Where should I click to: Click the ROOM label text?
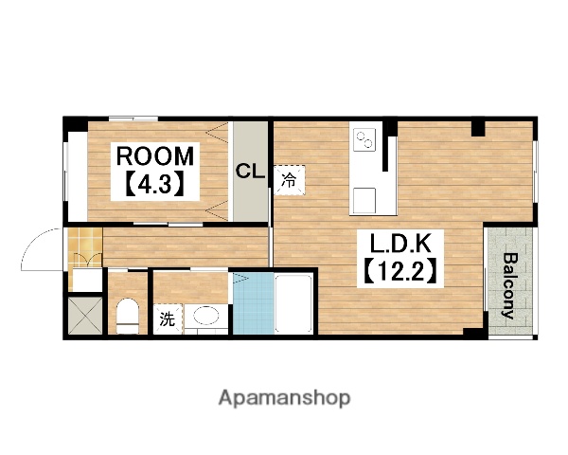pyautogui.click(x=155, y=156)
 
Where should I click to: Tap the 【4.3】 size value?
pyautogui.click(x=155, y=183)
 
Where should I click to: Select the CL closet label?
pyautogui.click(x=250, y=171)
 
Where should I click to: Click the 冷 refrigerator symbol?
pyautogui.click(x=289, y=180)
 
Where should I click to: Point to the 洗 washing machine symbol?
pyautogui.click(x=168, y=318)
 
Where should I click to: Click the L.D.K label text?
pyautogui.click(x=400, y=244)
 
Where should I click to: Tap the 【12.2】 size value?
pyautogui.click(x=400, y=271)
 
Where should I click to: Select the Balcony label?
pyautogui.click(x=509, y=285)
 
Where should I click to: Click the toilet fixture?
pyautogui.click(x=128, y=316)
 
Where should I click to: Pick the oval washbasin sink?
pyautogui.click(x=206, y=316)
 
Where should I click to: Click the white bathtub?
pyautogui.click(x=293, y=304)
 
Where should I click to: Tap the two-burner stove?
pyautogui.click(x=364, y=139)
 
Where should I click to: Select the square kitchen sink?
pyautogui.click(x=364, y=200)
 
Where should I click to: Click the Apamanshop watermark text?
pyautogui.click(x=284, y=398)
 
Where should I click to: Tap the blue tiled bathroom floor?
pyautogui.click(x=253, y=303)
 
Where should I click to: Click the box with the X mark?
pyautogui.click(x=85, y=316)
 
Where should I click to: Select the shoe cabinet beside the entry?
pyautogui.click(x=87, y=280)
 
